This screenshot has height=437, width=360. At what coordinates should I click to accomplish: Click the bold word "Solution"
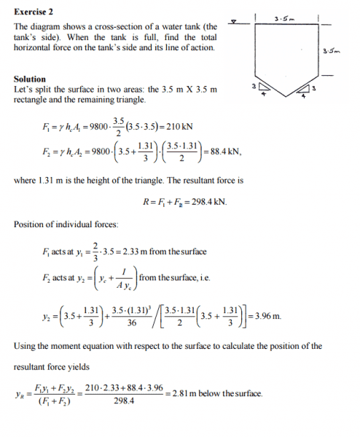pos(30,79)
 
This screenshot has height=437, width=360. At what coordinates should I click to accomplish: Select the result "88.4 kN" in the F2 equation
pos(230,157)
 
